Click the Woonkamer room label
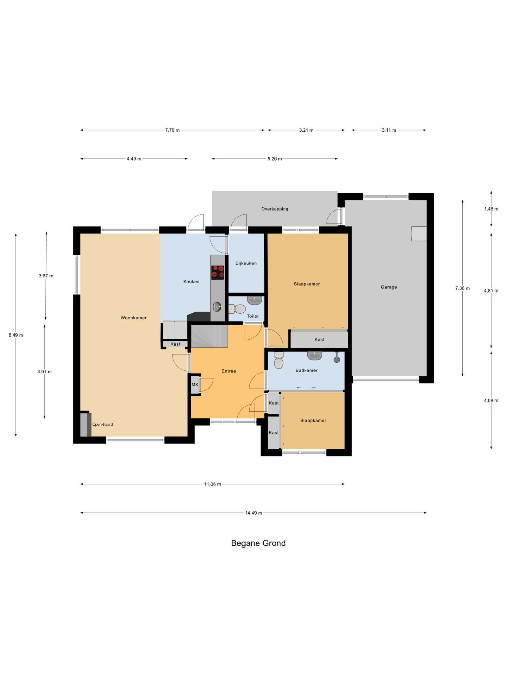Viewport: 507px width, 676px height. click(133, 318)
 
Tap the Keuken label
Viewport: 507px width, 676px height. click(191, 282)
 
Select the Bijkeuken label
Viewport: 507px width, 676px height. click(246, 263)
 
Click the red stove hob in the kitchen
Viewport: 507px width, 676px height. click(218, 273)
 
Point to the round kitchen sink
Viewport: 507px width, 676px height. click(218, 306)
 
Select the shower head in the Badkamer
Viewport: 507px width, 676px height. click(337, 358)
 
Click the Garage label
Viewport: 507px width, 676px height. click(389, 287)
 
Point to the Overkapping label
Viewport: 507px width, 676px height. click(275, 209)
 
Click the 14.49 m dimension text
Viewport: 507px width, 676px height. click(254, 513)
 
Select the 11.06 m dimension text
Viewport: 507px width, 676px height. click(213, 484)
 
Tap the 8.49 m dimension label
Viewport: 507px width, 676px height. click(16, 335)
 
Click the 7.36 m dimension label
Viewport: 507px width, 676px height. click(462, 288)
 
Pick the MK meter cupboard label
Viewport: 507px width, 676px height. click(195, 385)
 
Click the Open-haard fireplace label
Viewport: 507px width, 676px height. click(102, 425)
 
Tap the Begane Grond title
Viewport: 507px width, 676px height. click(258, 543)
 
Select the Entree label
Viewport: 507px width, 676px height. click(229, 371)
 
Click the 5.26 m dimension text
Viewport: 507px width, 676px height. click(275, 159)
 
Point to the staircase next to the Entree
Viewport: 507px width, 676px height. click(209, 336)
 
